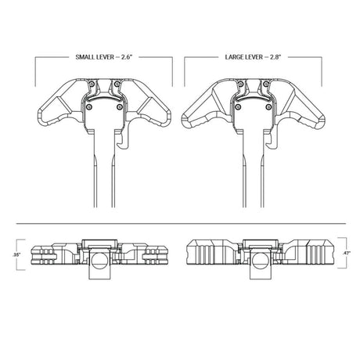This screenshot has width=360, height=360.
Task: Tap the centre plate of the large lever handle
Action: coord(255,114)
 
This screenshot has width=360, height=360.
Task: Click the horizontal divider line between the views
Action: coord(180,222)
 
